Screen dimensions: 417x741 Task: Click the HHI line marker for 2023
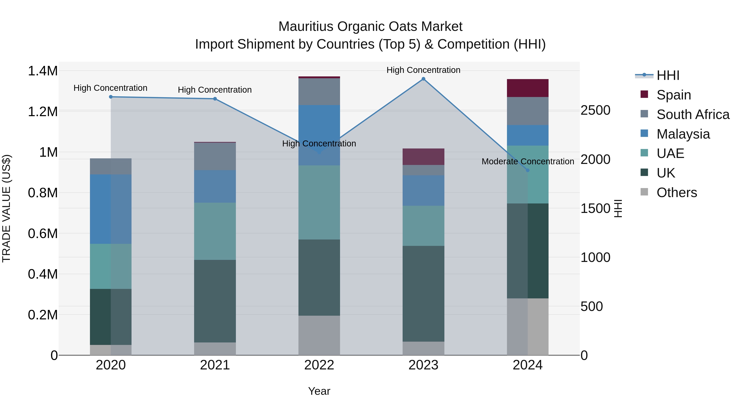click(423, 79)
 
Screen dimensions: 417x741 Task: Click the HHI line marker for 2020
click(111, 97)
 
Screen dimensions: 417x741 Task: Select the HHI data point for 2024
click(528, 170)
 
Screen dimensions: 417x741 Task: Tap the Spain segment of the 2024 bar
click(528, 88)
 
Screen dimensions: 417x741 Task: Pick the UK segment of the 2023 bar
click(423, 293)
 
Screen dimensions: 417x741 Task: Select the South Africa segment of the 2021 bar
click(215, 156)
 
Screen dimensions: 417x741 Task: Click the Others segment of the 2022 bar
click(319, 335)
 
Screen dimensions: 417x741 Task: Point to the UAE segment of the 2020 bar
click(111, 266)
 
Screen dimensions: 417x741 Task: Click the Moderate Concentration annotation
click(528, 161)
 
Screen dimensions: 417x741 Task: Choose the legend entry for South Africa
click(693, 114)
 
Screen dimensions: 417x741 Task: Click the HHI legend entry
click(668, 75)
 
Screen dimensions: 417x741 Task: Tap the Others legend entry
click(677, 193)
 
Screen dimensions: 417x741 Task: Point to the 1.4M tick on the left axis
click(43, 71)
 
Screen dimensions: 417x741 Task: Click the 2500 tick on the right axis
click(595, 110)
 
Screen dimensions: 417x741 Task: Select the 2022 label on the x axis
click(319, 365)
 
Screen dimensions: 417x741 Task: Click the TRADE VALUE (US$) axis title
click(6, 208)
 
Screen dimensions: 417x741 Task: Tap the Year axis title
click(319, 391)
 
